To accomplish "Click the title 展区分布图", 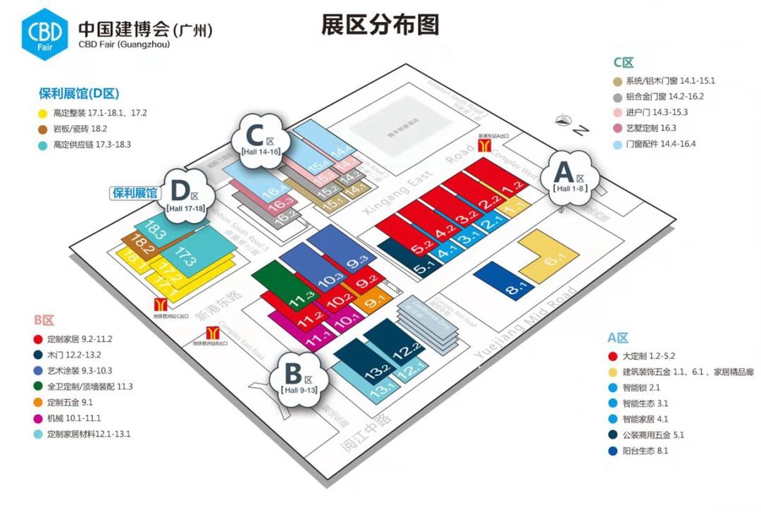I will coord(380,25).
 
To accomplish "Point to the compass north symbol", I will coord(564,120).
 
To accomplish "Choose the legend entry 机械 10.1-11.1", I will coord(80,418).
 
